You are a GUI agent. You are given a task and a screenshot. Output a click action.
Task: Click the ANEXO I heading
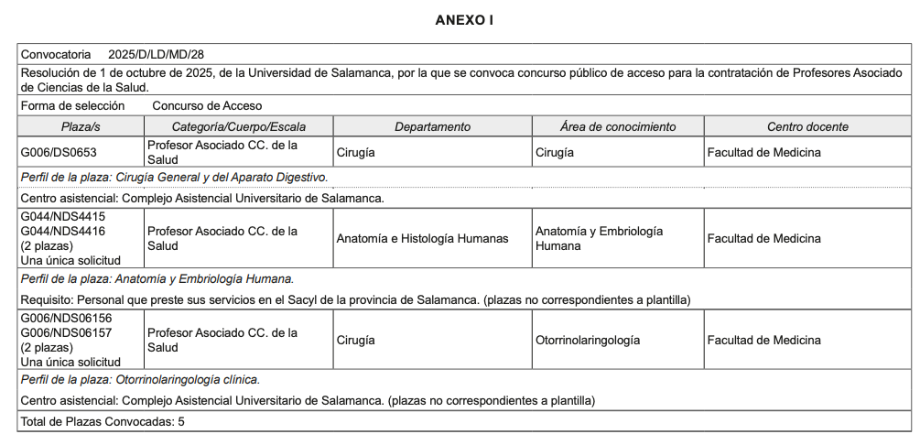[464, 20]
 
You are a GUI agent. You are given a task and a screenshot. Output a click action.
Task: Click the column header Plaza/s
[81, 126]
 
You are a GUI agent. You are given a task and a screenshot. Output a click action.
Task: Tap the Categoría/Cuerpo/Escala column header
[239, 126]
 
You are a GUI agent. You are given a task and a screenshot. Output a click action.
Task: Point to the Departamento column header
[432, 126]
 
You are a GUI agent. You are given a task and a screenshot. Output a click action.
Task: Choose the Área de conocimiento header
[618, 126]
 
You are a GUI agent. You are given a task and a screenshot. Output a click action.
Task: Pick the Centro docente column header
[807, 126]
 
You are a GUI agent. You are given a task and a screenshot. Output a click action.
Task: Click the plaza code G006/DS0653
[59, 152]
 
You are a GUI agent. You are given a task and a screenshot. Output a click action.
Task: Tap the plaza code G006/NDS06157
[66, 333]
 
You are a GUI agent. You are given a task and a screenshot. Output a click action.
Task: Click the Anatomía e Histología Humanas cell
[422, 239]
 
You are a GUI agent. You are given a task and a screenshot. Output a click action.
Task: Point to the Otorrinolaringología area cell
[588, 341]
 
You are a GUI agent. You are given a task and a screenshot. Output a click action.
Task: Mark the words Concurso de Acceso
[207, 106]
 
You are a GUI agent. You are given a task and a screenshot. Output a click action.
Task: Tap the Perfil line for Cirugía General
[174, 177]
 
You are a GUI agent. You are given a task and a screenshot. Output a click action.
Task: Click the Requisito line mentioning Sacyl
[354, 299]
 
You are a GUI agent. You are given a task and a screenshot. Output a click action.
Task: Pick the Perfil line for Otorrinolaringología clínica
[140, 379]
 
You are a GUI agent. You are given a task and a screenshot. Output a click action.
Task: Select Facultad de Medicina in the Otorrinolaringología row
[763, 341]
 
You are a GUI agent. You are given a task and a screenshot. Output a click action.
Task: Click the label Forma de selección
[72, 106]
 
